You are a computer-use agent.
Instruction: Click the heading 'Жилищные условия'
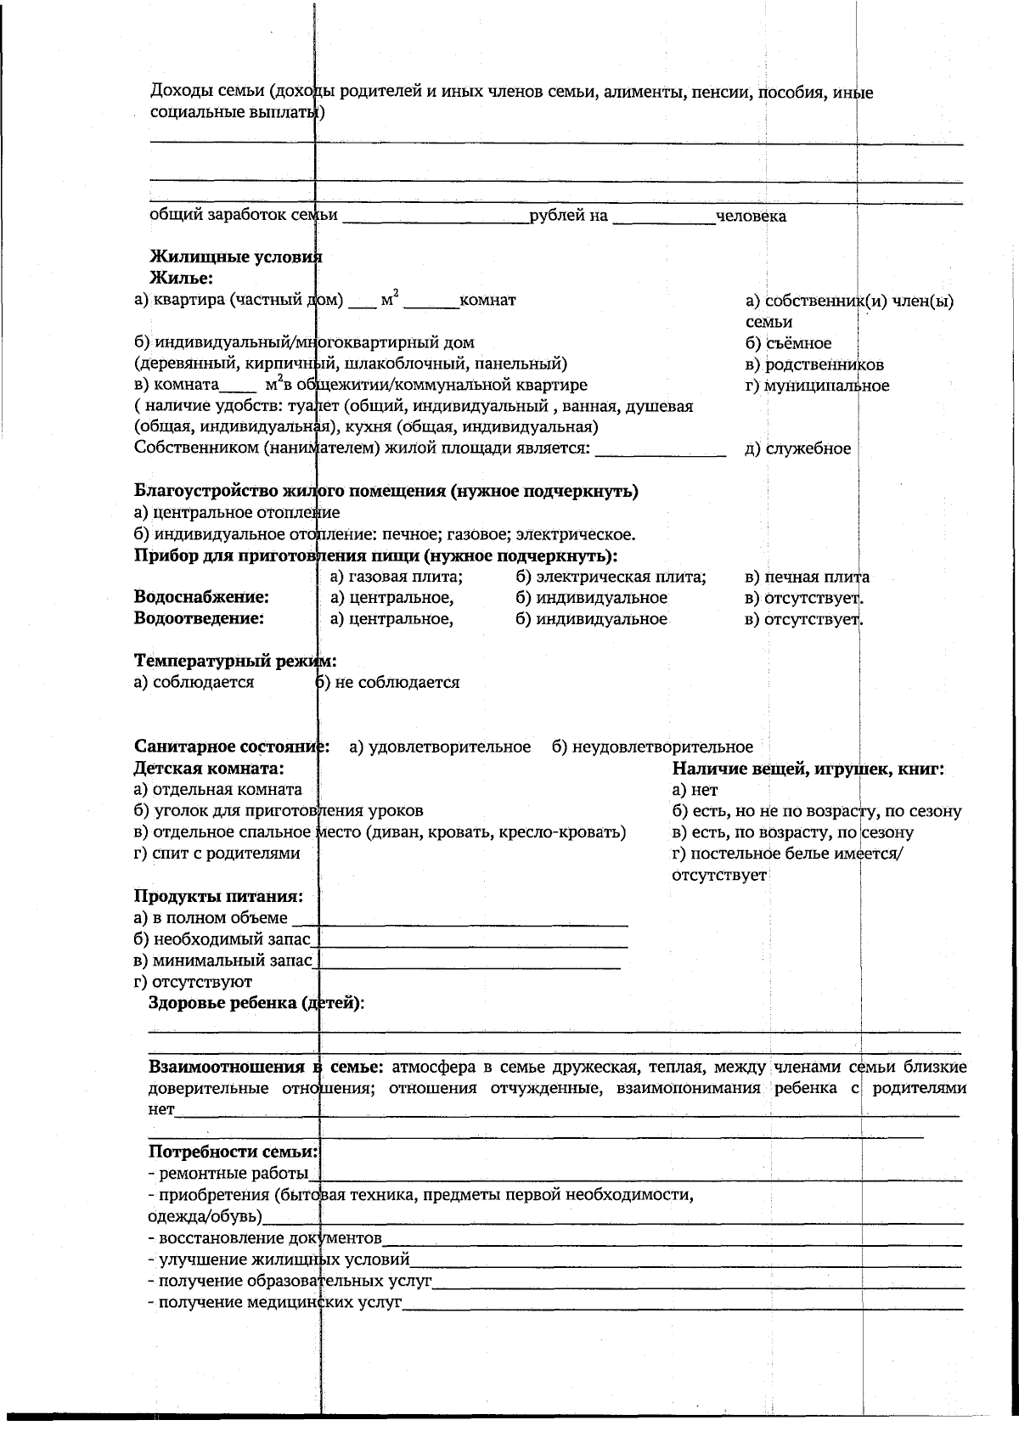(236, 256)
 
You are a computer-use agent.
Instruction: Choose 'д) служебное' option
(797, 448)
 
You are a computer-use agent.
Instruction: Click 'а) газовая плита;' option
(396, 578)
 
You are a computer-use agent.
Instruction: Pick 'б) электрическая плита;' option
(611, 578)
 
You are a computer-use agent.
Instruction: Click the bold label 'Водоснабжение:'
(201, 598)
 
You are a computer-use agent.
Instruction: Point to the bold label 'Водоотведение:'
(199, 618)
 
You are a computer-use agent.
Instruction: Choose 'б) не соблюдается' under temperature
(387, 682)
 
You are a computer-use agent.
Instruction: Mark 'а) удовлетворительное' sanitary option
(440, 747)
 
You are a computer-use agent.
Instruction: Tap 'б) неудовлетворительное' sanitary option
(651, 747)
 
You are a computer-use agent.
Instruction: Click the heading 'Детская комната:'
(209, 769)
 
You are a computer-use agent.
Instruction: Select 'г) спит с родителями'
(217, 853)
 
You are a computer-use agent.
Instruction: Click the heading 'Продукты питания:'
(219, 896)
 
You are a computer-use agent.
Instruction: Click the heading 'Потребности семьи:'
(234, 1152)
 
